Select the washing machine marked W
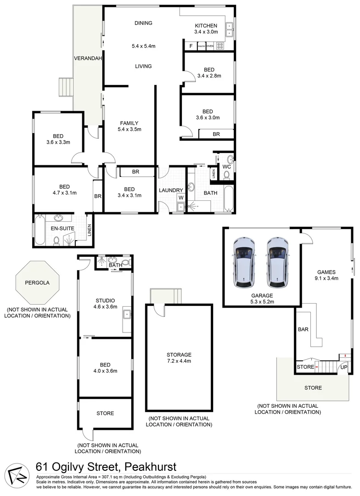pos(180,198)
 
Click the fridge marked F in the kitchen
pos(190,46)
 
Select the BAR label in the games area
pos(303,329)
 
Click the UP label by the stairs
pos(343,367)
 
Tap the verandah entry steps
pos(65,87)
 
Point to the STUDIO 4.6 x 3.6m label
pos(105,303)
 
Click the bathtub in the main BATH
pos(228,198)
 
